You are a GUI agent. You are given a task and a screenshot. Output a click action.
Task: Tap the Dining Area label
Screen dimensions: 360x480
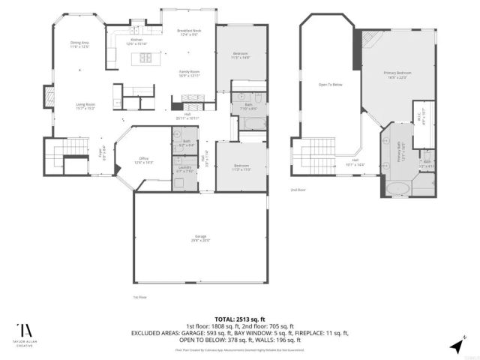(x=80, y=45)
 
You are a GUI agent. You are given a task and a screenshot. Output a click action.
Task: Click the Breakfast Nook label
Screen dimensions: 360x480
(x=187, y=32)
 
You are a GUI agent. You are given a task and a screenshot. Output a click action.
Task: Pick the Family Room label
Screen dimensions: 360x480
(x=189, y=73)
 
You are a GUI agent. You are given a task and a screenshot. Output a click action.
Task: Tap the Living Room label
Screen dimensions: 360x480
(x=85, y=106)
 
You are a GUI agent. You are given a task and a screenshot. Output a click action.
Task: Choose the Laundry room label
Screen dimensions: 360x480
(x=184, y=169)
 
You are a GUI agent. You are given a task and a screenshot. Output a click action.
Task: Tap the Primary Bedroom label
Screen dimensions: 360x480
(x=397, y=74)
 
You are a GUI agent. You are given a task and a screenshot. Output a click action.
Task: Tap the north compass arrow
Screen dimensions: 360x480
(x=457, y=345)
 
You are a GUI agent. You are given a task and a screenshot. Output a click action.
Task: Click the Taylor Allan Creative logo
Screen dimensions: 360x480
(x=25, y=333)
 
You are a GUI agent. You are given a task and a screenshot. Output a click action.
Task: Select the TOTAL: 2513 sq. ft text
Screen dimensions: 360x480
(x=240, y=319)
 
